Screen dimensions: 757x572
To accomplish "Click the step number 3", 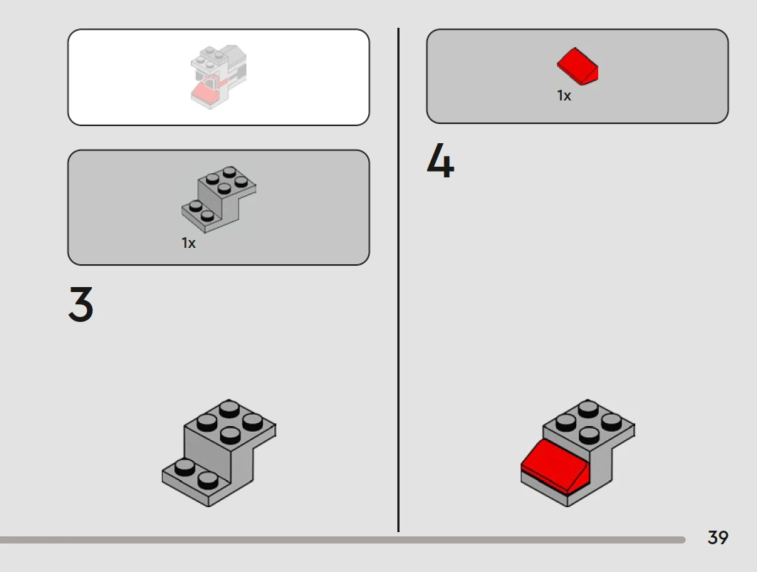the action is coord(80,304).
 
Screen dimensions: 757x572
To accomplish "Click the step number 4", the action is coord(440,160).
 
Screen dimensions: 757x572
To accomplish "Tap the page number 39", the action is coord(718,537).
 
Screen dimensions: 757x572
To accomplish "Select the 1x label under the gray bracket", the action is coord(188,243).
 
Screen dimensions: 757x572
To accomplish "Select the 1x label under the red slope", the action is coord(564,95).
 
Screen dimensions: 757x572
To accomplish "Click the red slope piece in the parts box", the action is coord(578,67).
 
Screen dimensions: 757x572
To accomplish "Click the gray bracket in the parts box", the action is coord(219,199).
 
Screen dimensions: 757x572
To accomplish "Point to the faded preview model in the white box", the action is coord(219,77).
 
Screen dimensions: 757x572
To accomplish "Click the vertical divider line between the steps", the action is coord(398,280).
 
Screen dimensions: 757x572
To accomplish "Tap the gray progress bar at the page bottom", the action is coord(343,540).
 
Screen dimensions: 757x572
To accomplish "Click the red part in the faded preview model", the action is coord(204,91).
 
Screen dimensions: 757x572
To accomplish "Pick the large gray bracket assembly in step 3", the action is coord(219,452).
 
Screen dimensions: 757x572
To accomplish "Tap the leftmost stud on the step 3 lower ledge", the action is coord(184,467).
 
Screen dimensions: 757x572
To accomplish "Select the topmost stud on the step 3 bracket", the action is coord(229,409).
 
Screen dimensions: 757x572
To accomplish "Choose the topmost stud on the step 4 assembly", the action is coord(588,409).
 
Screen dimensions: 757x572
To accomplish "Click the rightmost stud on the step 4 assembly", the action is coord(611,422).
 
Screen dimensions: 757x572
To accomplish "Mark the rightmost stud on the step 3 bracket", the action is coord(253,422).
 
